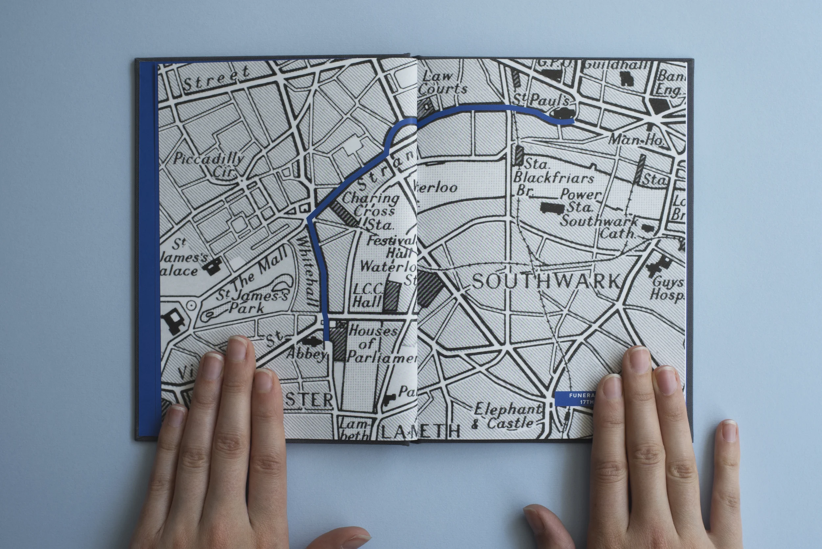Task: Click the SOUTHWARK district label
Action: pos(546,281)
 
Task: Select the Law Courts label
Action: pos(443,83)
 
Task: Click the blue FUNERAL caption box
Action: pos(575,399)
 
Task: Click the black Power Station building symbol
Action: pos(552,208)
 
